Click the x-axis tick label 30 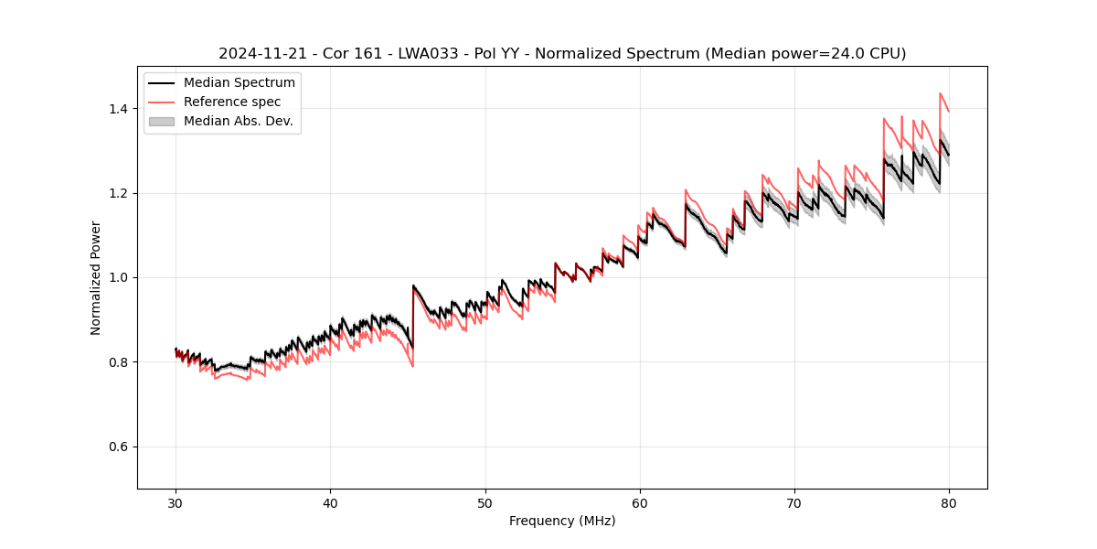point(176,503)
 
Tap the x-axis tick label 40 point(330,503)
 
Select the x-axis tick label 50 point(485,503)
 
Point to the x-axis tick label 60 point(640,503)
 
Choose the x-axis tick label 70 point(794,503)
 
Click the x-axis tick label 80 point(949,503)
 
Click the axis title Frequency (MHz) point(562,521)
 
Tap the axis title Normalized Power point(96,277)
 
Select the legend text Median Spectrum point(240,83)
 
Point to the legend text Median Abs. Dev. point(238,121)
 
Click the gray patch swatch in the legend point(162,121)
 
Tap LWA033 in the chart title point(429,54)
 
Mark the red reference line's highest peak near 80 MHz point(940,93)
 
